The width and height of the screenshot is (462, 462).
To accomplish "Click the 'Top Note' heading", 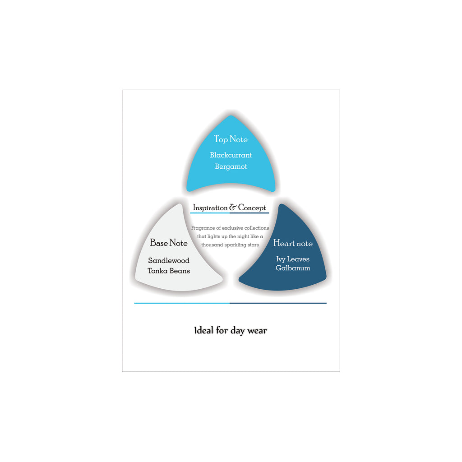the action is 231,139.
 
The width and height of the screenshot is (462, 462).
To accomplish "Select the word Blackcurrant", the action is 231,155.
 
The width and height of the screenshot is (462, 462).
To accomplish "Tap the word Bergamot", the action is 231,167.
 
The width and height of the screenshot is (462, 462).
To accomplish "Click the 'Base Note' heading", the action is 169,243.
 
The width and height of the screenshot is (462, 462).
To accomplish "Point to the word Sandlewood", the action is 169,260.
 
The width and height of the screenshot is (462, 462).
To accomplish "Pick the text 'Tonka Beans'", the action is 169,271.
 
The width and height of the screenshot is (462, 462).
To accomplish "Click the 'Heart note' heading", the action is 292,243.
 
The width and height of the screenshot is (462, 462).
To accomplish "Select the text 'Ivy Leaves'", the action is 292,259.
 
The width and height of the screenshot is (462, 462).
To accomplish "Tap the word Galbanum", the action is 292,268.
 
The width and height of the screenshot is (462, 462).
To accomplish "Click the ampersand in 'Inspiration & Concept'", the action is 233,207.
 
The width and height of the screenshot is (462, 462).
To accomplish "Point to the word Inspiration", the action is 210,208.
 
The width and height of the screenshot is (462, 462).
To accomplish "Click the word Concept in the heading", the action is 252,208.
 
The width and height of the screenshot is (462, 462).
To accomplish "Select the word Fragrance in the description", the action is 203,228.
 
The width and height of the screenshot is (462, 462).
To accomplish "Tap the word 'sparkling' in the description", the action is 236,245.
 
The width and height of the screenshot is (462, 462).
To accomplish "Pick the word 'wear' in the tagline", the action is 257,331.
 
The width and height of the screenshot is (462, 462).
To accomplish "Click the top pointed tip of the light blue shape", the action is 231,115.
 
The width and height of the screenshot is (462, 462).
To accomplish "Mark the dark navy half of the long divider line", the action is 278,303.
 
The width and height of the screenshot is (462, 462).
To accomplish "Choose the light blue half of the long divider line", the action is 182,303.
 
